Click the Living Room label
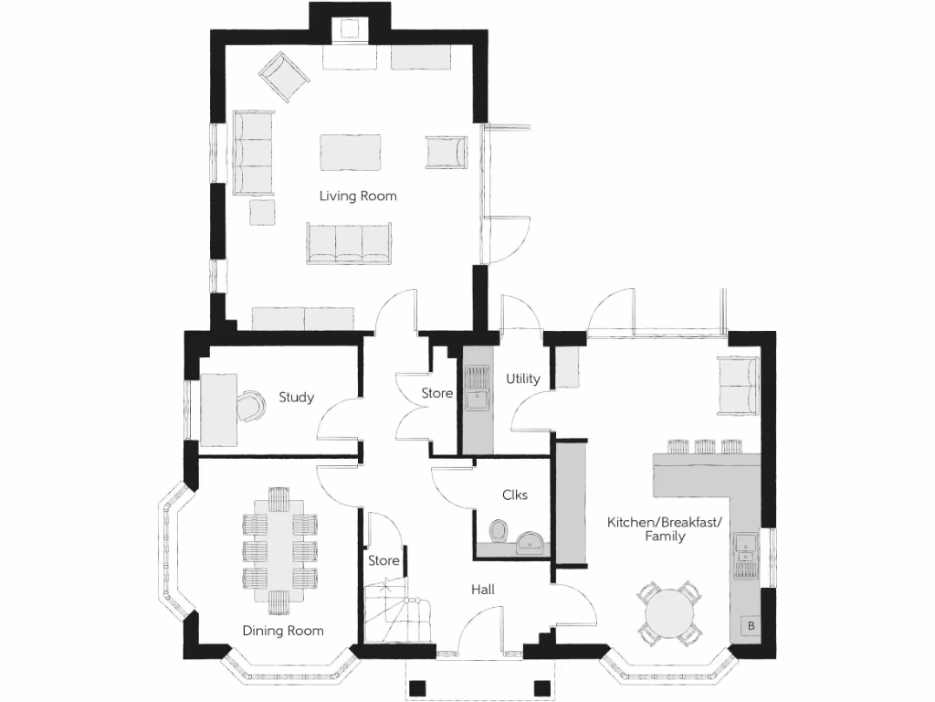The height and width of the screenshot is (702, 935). pos(357,196)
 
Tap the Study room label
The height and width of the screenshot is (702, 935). pos(296,397)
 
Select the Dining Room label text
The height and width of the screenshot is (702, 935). pos(282,631)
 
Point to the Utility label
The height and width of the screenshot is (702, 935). pos(523,378)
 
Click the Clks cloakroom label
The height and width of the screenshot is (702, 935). pos(515,495)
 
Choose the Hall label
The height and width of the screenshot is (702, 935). pos(483,590)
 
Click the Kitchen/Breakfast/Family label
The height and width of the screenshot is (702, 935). pos(665,529)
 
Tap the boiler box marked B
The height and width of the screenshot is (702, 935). pos(751,626)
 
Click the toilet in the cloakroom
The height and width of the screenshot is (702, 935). pos(499,531)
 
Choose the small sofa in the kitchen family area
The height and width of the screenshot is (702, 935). pos(739,384)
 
